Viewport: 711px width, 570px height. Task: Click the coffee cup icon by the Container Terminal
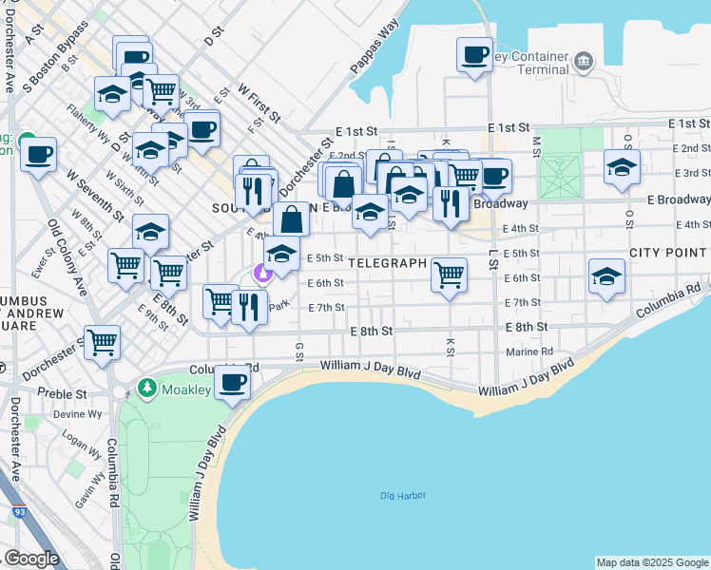473,54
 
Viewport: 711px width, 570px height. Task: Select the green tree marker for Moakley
146,388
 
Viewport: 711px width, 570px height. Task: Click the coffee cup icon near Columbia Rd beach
232,383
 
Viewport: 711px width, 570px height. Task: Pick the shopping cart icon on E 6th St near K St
449,275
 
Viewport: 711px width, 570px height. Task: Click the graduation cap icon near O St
622,166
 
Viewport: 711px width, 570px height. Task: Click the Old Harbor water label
403,496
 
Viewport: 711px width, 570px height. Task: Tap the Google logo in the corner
31,559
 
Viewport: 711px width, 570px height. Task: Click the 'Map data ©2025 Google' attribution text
652,562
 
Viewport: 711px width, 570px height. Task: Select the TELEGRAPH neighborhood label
385,262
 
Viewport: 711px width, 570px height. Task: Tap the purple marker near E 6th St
262,275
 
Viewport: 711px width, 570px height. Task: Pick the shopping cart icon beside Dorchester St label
102,341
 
